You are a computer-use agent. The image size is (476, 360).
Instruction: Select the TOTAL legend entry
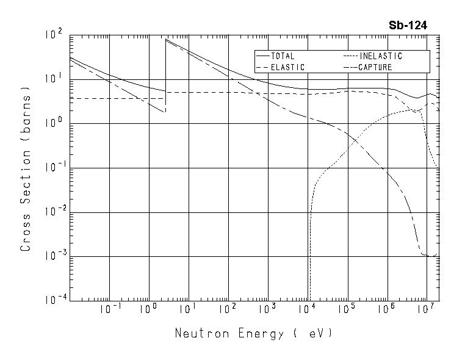(x=283, y=56)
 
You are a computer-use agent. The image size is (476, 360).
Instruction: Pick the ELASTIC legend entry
(x=287, y=67)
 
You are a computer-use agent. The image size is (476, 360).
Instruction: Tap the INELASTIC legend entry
(x=380, y=56)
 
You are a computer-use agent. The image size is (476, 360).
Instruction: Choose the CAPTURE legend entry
(x=375, y=67)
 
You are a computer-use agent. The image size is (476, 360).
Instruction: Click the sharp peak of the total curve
(x=167, y=40)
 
